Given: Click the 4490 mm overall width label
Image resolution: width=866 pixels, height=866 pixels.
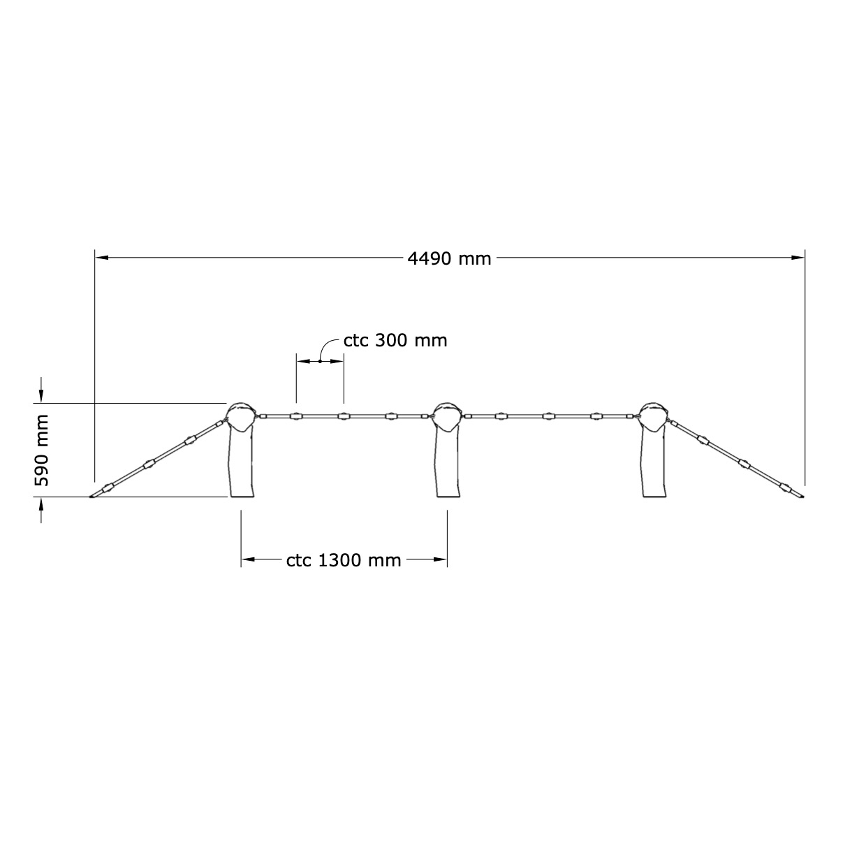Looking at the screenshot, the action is [449, 259].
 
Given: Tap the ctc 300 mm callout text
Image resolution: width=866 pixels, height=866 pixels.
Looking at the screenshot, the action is [395, 341].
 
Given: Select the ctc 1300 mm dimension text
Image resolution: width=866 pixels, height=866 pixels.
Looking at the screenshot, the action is [344, 560].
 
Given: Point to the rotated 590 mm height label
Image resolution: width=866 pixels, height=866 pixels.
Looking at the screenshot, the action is [41, 450].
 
